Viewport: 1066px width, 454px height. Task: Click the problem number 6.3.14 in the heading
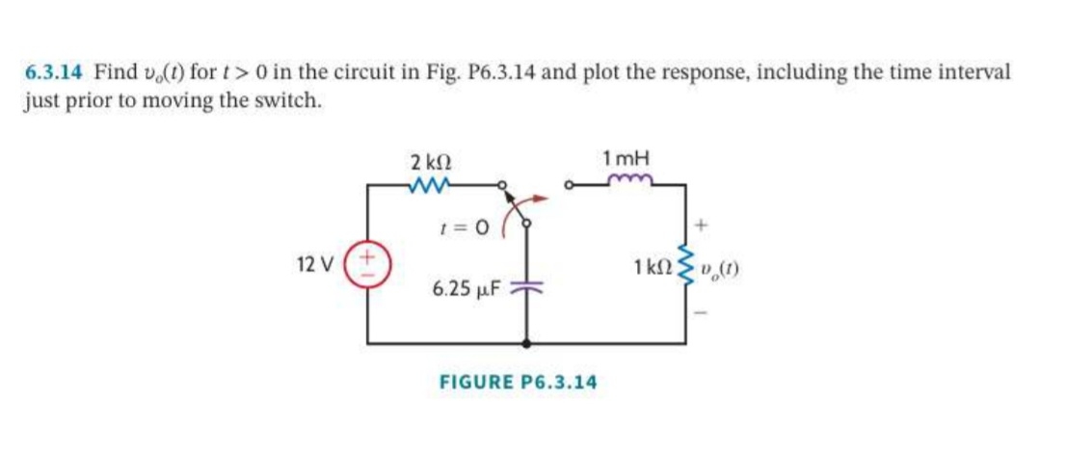coord(55,70)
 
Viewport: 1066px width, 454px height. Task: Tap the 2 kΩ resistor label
coord(432,163)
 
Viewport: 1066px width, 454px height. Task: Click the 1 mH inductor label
coord(626,159)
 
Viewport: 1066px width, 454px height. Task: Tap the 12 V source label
coord(315,264)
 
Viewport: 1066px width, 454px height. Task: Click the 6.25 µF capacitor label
coord(466,289)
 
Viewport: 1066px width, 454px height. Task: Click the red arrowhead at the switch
coord(540,200)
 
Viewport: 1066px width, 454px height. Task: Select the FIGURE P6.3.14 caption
coord(518,382)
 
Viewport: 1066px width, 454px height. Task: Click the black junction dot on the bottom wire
coord(526,344)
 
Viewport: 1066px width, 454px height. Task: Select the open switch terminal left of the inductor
coord(571,184)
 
